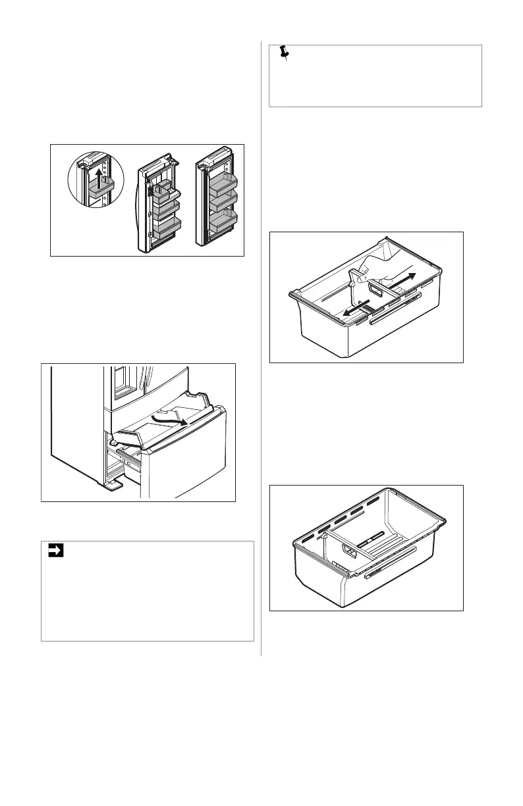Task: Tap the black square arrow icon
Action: coord(55,551)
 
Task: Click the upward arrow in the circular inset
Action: coord(97,176)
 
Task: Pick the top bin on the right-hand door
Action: coord(223,182)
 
